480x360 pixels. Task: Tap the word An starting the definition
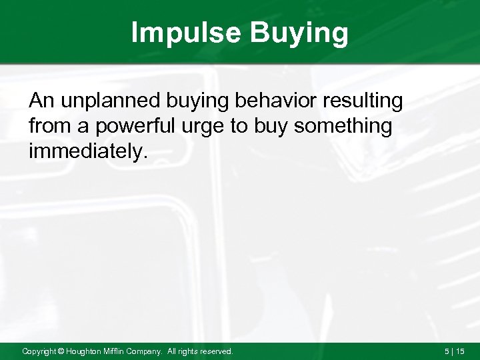tap(40, 101)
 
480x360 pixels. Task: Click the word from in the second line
tap(48, 126)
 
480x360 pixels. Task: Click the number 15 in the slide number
tap(461, 351)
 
